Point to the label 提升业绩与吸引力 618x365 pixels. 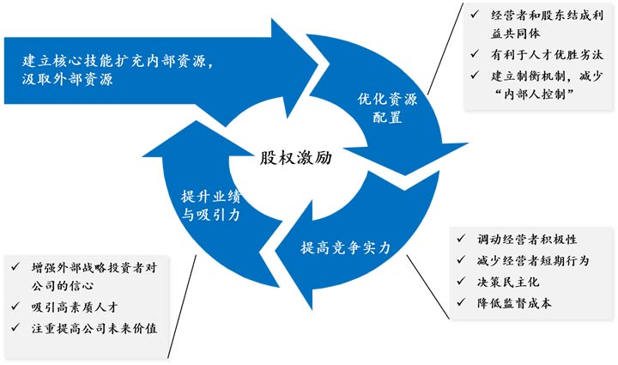tap(211, 204)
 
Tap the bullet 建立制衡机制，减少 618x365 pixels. tap(543, 76)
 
